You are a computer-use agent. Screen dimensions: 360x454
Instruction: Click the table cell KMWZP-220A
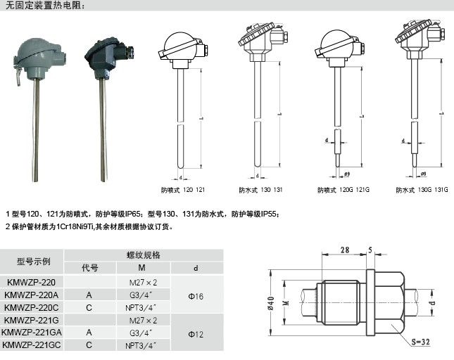pyautogui.click(x=32, y=295)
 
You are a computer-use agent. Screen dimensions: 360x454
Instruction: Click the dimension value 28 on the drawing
pyautogui.click(x=345, y=250)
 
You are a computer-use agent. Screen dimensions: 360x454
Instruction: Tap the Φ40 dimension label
pyautogui.click(x=270, y=303)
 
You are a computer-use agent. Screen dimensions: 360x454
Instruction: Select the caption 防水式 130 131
pyautogui.click(x=260, y=190)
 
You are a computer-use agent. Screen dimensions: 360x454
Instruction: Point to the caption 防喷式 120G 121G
pyautogui.click(x=342, y=190)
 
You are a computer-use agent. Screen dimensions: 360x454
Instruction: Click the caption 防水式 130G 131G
pyautogui.click(x=421, y=190)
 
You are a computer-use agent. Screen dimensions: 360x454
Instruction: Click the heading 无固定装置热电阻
pyautogui.click(x=44, y=6)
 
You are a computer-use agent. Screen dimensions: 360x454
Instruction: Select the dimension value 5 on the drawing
pyautogui.click(x=370, y=250)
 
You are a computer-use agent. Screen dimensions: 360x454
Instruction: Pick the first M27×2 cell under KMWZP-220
pyautogui.click(x=143, y=282)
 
